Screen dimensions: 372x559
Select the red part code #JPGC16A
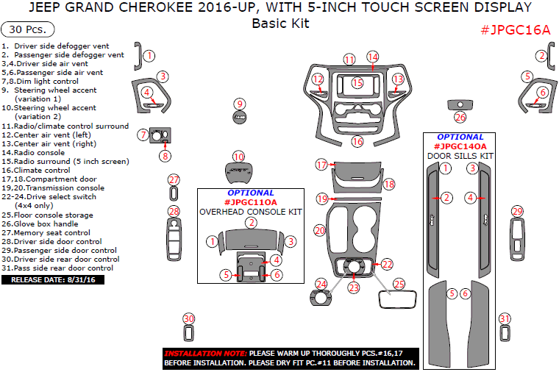click(x=515, y=30)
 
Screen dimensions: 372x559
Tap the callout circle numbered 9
click(x=240, y=104)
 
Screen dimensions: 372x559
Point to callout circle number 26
click(x=460, y=117)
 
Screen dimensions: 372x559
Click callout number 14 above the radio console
click(x=373, y=57)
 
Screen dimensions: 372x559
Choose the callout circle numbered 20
click(x=319, y=230)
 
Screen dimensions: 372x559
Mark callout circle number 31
click(x=505, y=318)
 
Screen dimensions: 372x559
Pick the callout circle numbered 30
click(x=189, y=318)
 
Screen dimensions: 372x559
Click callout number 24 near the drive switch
click(x=321, y=284)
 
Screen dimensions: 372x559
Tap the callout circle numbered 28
click(x=174, y=212)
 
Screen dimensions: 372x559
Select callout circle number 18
click(x=389, y=184)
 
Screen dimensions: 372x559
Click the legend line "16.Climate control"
click(x=43, y=170)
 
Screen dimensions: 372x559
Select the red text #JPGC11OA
click(x=251, y=202)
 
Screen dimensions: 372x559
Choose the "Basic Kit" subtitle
click(x=280, y=23)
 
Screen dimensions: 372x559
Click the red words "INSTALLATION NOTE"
click(x=205, y=353)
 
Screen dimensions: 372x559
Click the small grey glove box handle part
click(x=460, y=104)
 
